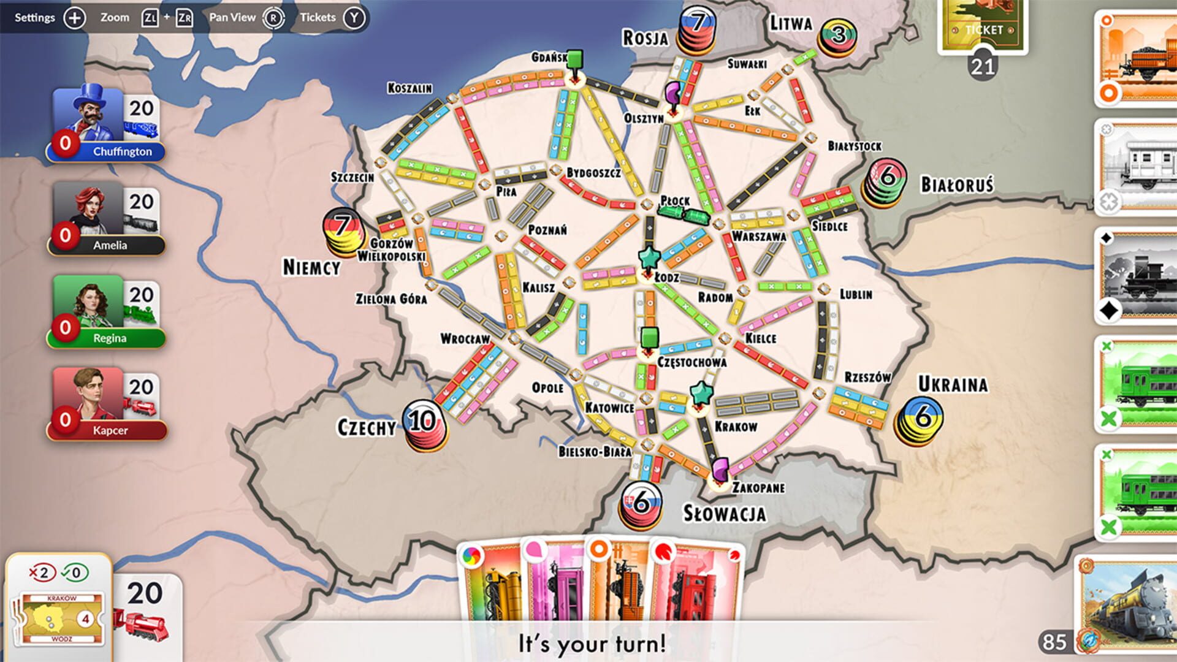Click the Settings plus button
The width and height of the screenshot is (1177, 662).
click(x=75, y=18)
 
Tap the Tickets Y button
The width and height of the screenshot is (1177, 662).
click(x=354, y=18)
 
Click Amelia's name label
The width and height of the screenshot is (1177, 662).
click(x=110, y=245)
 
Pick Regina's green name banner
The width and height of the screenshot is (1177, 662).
click(x=109, y=338)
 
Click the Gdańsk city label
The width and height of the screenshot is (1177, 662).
click(x=549, y=57)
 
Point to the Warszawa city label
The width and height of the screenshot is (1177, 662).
click(x=759, y=237)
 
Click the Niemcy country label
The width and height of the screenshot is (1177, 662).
click(x=311, y=267)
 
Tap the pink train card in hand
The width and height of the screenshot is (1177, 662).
click(x=555, y=582)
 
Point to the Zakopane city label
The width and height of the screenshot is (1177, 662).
click(x=758, y=488)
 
